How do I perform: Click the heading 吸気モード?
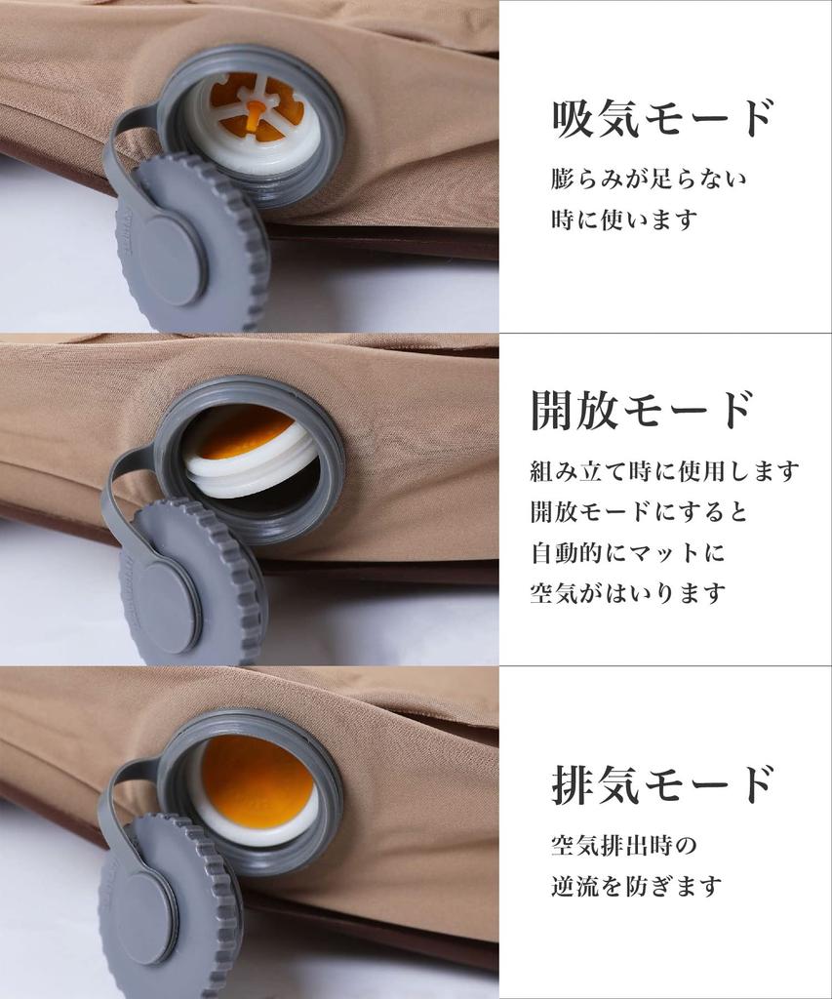tap(662, 119)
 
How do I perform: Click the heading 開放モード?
tap(642, 410)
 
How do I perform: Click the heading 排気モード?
tap(662, 783)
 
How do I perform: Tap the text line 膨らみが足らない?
tap(649, 180)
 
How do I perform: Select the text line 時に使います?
tap(624, 220)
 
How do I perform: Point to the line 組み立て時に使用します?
tap(664, 471)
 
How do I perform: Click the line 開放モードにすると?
tap(639, 511)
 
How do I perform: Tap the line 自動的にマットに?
tap(628, 552)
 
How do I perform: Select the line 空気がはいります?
tap(628, 592)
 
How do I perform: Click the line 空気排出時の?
tap(623, 844)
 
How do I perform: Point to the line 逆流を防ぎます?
tap(636, 886)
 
